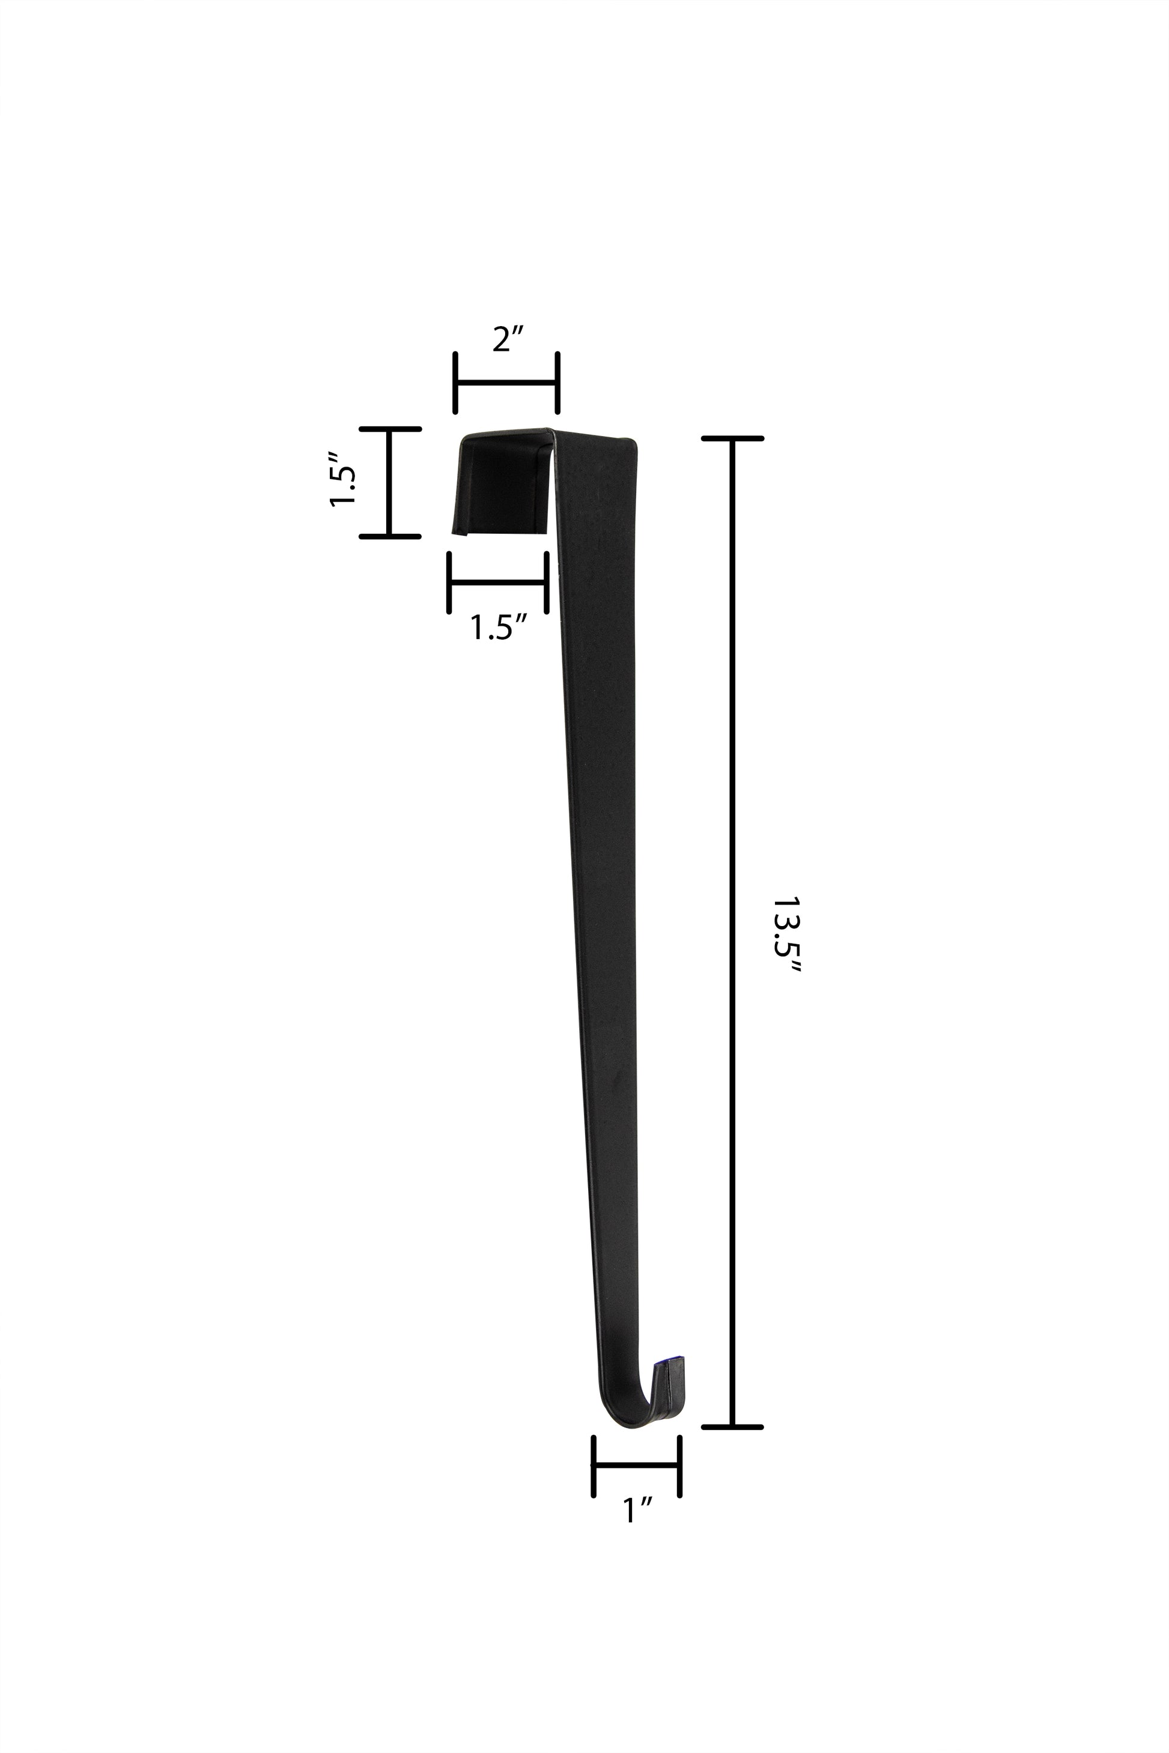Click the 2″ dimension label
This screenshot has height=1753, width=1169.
point(510,340)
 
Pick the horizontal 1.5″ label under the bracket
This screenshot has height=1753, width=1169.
point(499,628)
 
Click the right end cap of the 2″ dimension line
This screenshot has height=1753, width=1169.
point(557,383)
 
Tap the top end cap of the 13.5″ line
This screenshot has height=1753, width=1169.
point(732,439)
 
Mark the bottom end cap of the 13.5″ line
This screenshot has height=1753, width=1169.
point(732,1428)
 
